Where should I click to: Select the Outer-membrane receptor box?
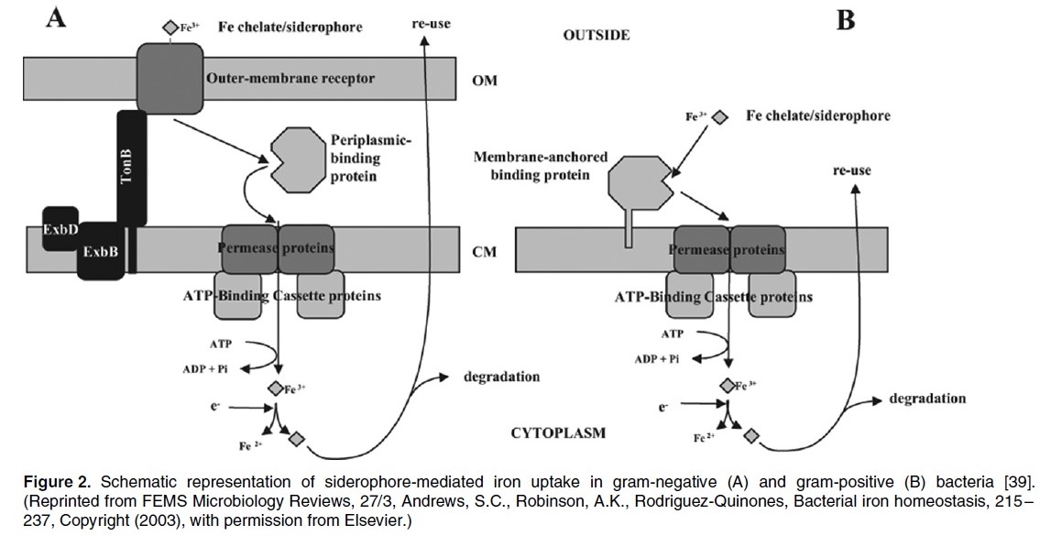[174, 78]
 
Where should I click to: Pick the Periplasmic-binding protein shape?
[292, 159]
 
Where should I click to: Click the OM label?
[483, 80]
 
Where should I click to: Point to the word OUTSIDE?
[596, 36]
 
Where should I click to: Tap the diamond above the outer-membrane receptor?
[170, 27]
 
